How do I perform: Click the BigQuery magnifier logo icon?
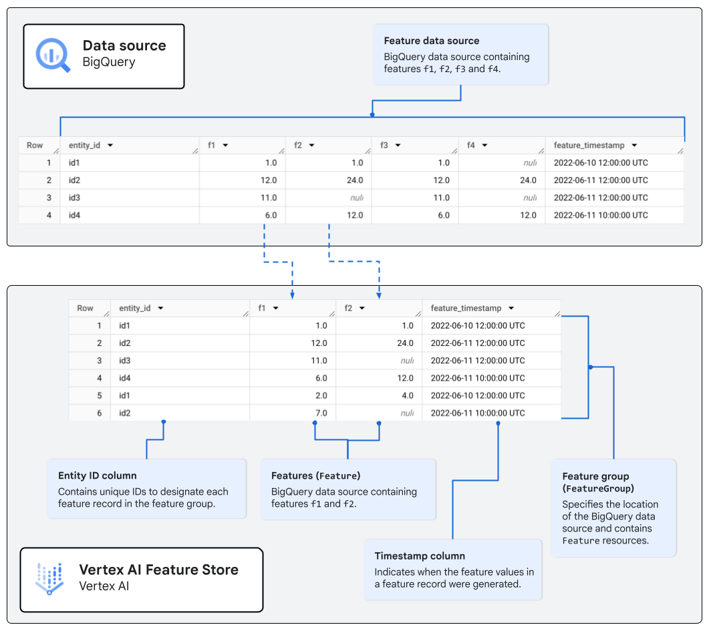(x=53, y=55)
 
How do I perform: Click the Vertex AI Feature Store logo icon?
(x=49, y=578)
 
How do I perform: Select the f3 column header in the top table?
(x=384, y=146)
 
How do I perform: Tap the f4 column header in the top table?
(x=471, y=146)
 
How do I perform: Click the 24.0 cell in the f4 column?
(x=528, y=180)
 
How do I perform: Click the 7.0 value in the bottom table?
(x=321, y=413)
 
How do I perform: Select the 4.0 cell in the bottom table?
(x=407, y=395)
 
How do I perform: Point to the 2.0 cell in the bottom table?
(x=321, y=395)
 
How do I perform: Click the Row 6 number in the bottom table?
(x=99, y=413)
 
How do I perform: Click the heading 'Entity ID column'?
(x=98, y=476)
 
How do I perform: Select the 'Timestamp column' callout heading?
(x=420, y=556)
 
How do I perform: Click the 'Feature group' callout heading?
(x=595, y=476)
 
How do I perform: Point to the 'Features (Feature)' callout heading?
(x=315, y=476)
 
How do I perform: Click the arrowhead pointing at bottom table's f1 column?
(x=293, y=294)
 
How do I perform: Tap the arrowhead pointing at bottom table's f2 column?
(x=379, y=294)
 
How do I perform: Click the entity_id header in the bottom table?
(x=135, y=308)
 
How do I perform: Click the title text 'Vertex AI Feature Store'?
(x=158, y=570)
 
